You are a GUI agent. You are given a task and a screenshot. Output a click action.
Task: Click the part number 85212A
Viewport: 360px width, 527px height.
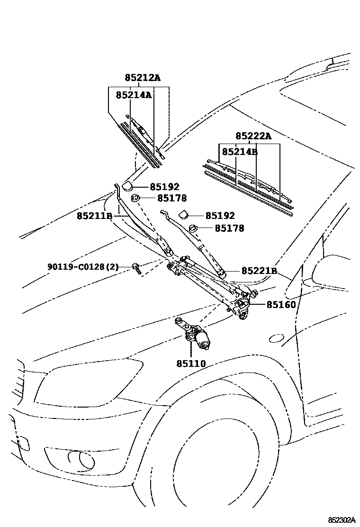(x=143, y=78)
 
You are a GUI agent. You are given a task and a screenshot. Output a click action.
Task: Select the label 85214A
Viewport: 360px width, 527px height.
(x=134, y=95)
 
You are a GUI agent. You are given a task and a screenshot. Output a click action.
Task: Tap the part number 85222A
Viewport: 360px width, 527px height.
(x=253, y=136)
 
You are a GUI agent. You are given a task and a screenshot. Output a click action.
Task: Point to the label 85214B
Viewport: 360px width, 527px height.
(x=240, y=152)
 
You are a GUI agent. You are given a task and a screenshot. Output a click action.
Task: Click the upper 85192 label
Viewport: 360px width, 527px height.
(x=165, y=187)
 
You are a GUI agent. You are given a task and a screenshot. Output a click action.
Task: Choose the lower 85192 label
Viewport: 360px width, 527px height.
(x=220, y=216)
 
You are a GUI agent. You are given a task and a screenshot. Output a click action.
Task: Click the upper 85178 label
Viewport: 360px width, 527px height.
(x=172, y=199)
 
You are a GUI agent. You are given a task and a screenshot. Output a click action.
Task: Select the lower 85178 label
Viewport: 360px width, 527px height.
(x=230, y=228)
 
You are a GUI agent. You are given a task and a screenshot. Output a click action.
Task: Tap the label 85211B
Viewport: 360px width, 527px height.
(x=94, y=216)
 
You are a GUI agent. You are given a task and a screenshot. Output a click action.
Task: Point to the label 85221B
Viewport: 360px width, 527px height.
(x=259, y=271)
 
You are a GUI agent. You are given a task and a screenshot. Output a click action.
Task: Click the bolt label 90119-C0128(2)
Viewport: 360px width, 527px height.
(x=83, y=267)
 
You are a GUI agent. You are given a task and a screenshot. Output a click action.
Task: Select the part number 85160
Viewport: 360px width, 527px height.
(x=281, y=305)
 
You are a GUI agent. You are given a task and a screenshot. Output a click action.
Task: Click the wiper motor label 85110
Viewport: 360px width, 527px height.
(x=191, y=363)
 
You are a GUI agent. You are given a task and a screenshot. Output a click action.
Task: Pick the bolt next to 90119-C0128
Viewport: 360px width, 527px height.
(x=136, y=269)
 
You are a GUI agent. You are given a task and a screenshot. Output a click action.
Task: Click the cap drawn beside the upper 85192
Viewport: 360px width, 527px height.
(x=128, y=186)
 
